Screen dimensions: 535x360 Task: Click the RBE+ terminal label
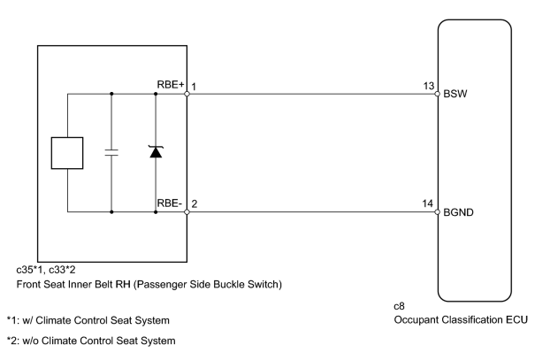[x=171, y=85]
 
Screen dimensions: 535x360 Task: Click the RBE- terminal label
[x=169, y=203]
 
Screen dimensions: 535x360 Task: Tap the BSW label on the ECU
[x=455, y=94]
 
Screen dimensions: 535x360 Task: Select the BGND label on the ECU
[x=458, y=212]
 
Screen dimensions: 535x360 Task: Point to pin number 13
[x=429, y=86]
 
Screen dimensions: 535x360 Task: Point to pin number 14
[x=427, y=203]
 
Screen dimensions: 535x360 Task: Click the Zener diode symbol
[x=156, y=152]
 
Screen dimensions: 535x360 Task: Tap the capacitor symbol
[x=111, y=152]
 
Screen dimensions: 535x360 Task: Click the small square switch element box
[x=67, y=153]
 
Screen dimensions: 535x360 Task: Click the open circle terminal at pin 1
[x=187, y=94]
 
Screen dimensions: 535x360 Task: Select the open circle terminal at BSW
[x=438, y=94]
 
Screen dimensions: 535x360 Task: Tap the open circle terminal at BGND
[x=438, y=212]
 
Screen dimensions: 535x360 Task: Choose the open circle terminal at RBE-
[x=187, y=212]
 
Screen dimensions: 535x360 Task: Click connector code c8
[x=399, y=306]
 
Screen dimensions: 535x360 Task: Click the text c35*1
[x=29, y=270]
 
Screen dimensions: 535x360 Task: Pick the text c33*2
[x=62, y=270]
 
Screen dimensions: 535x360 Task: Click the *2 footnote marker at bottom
[x=11, y=341]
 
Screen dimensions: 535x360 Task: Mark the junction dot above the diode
[x=156, y=94]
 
